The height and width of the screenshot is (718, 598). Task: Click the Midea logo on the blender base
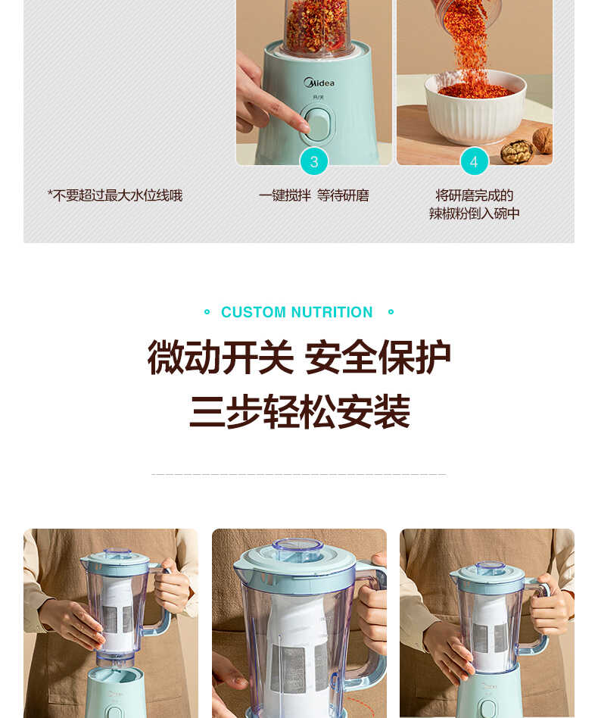(319, 83)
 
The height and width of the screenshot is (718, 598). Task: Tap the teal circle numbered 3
(314, 161)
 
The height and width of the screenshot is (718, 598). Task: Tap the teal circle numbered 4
(474, 161)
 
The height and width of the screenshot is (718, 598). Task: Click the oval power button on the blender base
(318, 124)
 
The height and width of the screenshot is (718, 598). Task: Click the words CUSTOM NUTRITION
(297, 312)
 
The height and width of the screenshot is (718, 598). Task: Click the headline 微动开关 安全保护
(299, 357)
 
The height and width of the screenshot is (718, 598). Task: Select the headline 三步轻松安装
(299, 413)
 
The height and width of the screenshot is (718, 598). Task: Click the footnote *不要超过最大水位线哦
(115, 196)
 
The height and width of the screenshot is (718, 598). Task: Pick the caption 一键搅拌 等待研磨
(313, 196)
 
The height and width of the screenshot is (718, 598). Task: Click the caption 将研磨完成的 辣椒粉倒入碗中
(474, 204)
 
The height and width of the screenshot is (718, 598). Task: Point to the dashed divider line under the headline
(299, 475)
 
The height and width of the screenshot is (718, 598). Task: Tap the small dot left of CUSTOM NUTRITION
(207, 312)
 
